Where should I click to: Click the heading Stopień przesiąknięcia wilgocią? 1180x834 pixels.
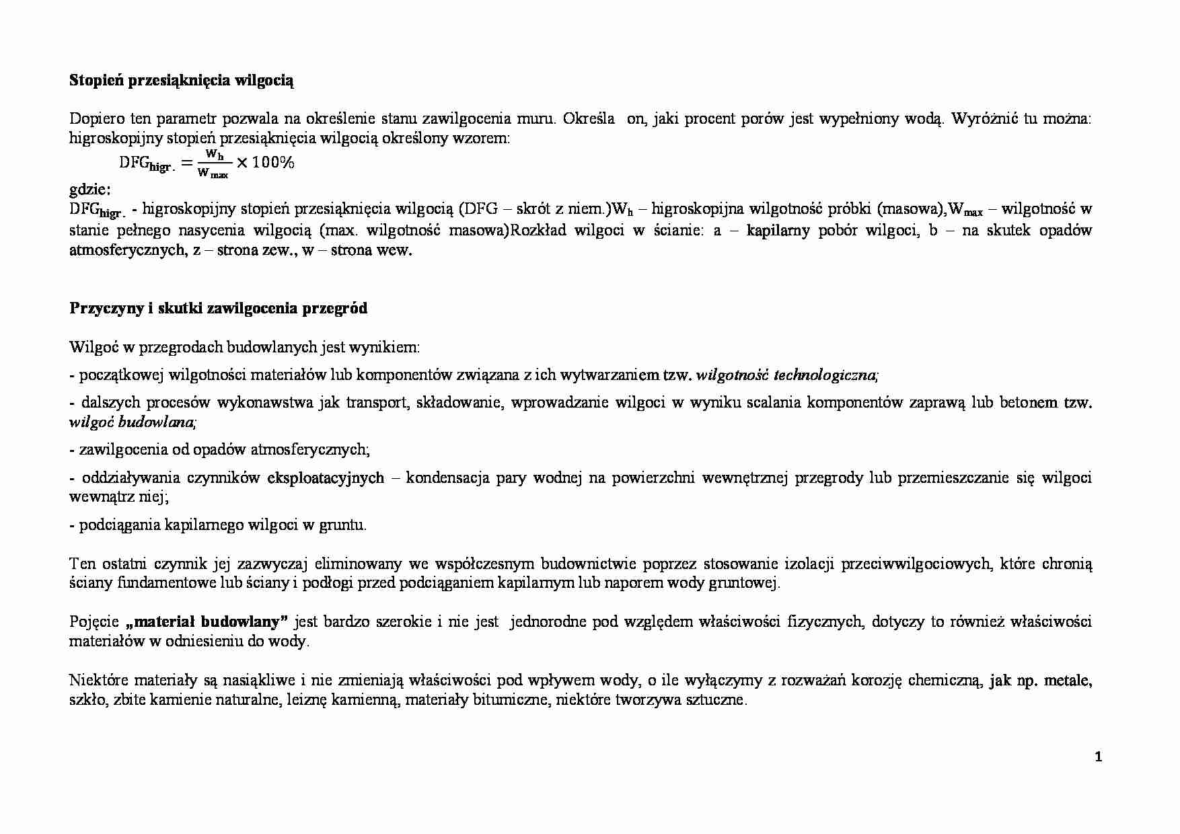pyautogui.click(x=182, y=81)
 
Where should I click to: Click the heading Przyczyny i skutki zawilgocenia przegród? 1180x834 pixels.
pyautogui.click(x=219, y=309)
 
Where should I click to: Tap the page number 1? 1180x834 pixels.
pyautogui.click(x=1099, y=757)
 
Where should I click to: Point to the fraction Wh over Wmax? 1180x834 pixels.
pyautogui.click(x=214, y=163)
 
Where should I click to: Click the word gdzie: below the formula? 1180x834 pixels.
pyautogui.click(x=91, y=188)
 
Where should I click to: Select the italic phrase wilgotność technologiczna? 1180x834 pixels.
pyautogui.click(x=786, y=375)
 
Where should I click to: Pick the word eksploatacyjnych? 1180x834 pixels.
pyautogui.click(x=326, y=478)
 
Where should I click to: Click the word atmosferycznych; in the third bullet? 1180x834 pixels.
pyautogui.click(x=310, y=449)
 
